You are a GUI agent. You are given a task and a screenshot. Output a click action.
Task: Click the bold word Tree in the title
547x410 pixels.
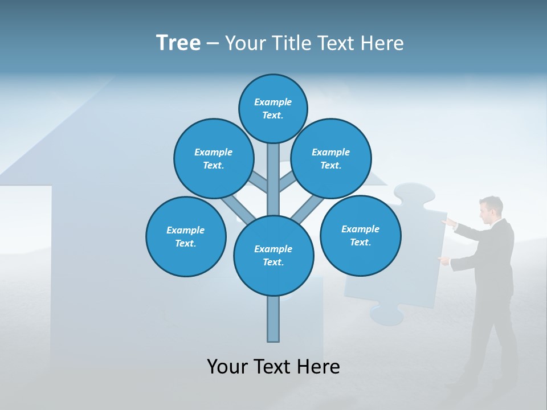(x=178, y=43)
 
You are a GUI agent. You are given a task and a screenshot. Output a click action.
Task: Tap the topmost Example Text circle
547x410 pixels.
(x=273, y=108)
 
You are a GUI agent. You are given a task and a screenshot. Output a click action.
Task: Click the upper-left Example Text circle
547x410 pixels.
(x=214, y=158)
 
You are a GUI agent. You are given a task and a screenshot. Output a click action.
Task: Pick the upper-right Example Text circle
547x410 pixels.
(x=331, y=158)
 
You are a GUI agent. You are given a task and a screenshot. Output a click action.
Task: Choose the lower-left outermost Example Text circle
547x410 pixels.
(x=186, y=236)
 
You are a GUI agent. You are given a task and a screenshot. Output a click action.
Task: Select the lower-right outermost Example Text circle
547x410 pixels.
(x=360, y=235)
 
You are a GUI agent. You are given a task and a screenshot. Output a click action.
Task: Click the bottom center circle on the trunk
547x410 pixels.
(x=273, y=255)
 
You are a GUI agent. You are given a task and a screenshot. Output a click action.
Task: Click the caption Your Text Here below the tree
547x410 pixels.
(x=273, y=366)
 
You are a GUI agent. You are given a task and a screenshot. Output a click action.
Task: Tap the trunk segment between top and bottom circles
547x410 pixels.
(x=273, y=179)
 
